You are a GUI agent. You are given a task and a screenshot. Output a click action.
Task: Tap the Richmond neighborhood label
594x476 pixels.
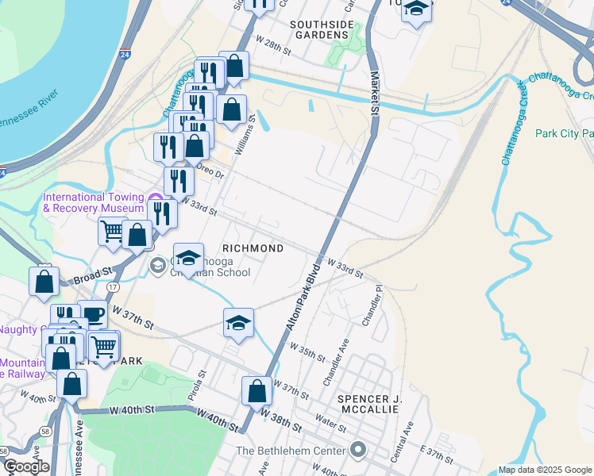pos(252,248)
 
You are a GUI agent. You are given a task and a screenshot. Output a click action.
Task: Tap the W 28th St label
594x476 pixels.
pos(274,42)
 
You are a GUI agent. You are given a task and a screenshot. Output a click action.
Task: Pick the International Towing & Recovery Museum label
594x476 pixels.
pos(93,203)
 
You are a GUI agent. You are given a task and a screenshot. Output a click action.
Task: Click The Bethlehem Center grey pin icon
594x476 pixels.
pos(358,451)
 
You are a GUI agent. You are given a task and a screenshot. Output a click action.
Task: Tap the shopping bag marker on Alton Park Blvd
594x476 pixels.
pos(256,391)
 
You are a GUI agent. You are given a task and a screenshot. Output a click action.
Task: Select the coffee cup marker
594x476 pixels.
pos(92,314)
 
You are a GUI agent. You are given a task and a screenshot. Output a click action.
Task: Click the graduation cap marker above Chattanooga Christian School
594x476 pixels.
pos(188,257)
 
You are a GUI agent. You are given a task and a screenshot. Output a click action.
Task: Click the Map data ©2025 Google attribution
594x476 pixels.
pos(545,470)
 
